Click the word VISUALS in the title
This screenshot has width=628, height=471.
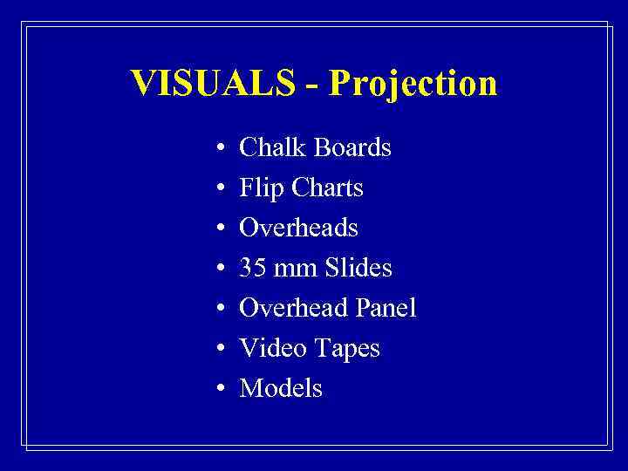click(213, 83)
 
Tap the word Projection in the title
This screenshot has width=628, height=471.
click(414, 85)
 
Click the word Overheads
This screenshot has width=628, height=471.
click(298, 228)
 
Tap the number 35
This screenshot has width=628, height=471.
click(253, 268)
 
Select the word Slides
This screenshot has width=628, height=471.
click(358, 268)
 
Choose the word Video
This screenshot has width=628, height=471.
click(268, 348)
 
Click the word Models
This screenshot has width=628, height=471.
click(281, 388)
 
